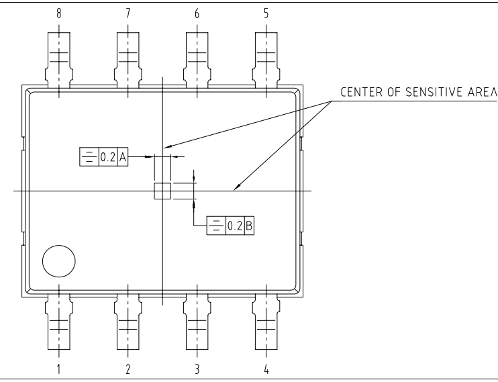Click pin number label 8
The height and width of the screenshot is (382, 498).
click(59, 13)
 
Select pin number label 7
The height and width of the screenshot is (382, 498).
click(128, 13)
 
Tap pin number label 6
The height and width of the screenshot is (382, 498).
click(197, 13)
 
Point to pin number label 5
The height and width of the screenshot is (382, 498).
click(266, 13)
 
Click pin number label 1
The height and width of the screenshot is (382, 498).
click(59, 369)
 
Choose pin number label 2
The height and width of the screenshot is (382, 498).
click(128, 369)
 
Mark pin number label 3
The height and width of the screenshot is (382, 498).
click(197, 369)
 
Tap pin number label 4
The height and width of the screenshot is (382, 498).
click(266, 369)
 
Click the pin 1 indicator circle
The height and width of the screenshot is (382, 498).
click(59, 262)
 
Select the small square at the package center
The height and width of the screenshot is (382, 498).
click(162, 191)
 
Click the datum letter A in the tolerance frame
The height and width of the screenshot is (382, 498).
click(123, 158)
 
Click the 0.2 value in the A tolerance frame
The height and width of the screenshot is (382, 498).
click(107, 158)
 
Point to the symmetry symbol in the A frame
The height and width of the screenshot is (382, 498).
click(88, 158)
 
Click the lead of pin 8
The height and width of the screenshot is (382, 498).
click(59, 57)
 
